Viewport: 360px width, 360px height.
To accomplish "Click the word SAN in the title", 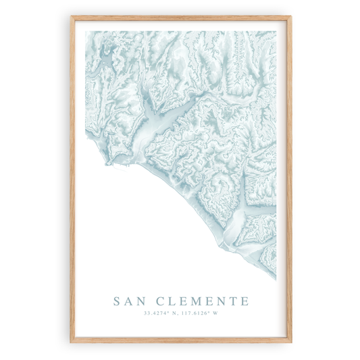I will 129,301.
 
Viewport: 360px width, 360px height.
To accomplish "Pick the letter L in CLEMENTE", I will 174,301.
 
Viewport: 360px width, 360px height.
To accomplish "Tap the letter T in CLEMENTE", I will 231,301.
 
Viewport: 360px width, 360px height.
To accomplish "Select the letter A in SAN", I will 129,301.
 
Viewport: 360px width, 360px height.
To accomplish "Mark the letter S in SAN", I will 118,301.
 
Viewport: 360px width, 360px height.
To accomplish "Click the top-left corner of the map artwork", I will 84,31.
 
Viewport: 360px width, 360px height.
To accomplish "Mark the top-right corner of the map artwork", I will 276,31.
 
